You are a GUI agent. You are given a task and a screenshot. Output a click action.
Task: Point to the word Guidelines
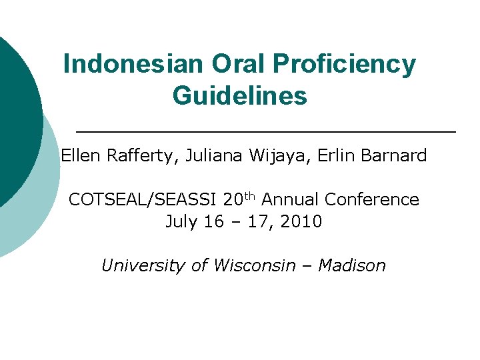pyautogui.click(x=239, y=95)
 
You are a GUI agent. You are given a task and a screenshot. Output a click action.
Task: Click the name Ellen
pyautogui.click(x=80, y=156)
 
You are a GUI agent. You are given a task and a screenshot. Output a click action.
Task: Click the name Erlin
pyautogui.click(x=338, y=156)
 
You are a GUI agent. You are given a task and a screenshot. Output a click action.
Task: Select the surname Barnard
pyautogui.click(x=394, y=156)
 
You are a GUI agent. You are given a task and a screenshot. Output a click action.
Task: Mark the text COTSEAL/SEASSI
pyautogui.click(x=143, y=200)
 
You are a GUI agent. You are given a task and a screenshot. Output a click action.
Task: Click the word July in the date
pyautogui.click(x=179, y=222)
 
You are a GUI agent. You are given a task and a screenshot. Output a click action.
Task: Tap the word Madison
pyautogui.click(x=352, y=265)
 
